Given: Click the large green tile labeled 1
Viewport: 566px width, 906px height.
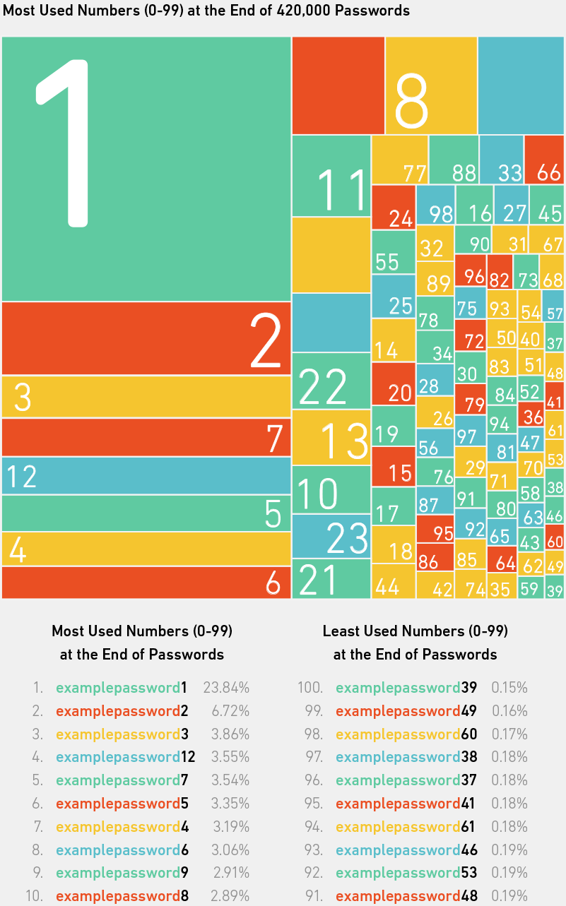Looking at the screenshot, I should pos(146,169).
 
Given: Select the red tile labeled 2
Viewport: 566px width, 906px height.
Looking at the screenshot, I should pos(146,338).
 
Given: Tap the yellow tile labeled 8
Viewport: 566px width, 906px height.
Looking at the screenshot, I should pos(431,85).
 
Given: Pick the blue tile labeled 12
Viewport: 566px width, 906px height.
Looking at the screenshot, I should pos(146,476).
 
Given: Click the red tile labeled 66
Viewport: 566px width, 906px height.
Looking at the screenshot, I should pos(544,160).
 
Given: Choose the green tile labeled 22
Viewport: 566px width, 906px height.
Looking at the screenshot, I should pos(331,381).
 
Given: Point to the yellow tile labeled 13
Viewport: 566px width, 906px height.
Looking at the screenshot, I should pos(331,437).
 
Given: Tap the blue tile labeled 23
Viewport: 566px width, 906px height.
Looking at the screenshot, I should pos(331,535).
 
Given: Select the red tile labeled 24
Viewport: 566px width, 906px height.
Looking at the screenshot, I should pos(393,207).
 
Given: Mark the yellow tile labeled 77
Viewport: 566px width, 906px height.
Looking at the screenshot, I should pos(399,160).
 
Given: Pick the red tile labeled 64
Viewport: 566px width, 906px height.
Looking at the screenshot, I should pos(502,559).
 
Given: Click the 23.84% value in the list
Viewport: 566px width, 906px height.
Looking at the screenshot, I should pos(226,687).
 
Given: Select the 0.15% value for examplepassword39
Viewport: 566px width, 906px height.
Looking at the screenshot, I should pos(509,687).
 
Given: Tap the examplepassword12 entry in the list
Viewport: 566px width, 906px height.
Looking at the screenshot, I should pos(125,757).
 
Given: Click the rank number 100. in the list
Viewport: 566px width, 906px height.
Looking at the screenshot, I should pos(309,687).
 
